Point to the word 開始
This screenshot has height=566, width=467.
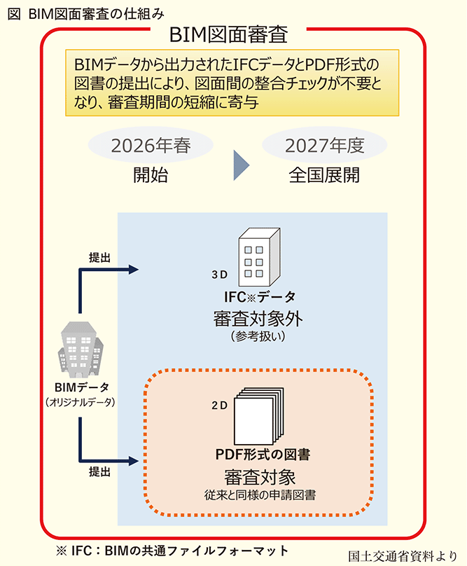click(x=151, y=175)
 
